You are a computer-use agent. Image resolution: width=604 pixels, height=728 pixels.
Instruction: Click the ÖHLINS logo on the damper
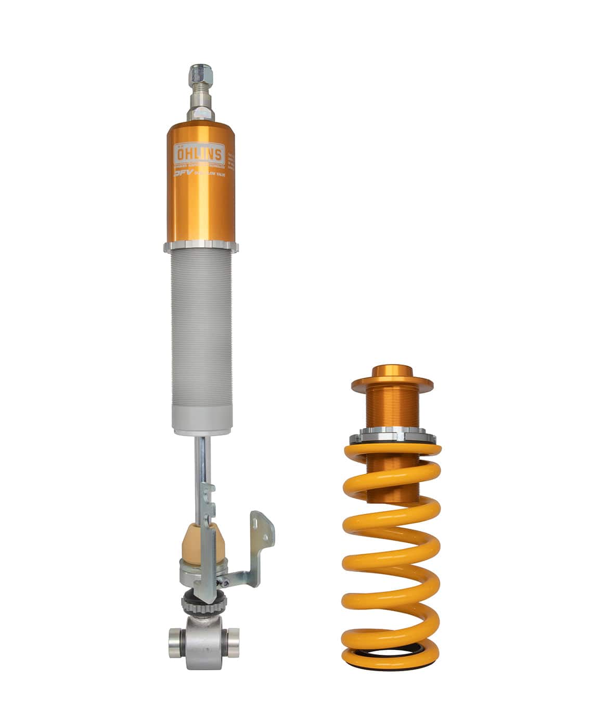pyautogui.click(x=199, y=154)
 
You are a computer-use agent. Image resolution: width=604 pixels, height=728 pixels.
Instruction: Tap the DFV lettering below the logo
pyautogui.click(x=183, y=175)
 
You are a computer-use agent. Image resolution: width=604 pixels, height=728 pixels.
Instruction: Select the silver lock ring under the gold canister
pyautogui.click(x=201, y=247)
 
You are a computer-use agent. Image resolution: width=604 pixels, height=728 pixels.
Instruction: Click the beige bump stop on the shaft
pyautogui.click(x=204, y=541)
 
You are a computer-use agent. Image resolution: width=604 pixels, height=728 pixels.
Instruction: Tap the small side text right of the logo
pyautogui.click(x=231, y=161)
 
